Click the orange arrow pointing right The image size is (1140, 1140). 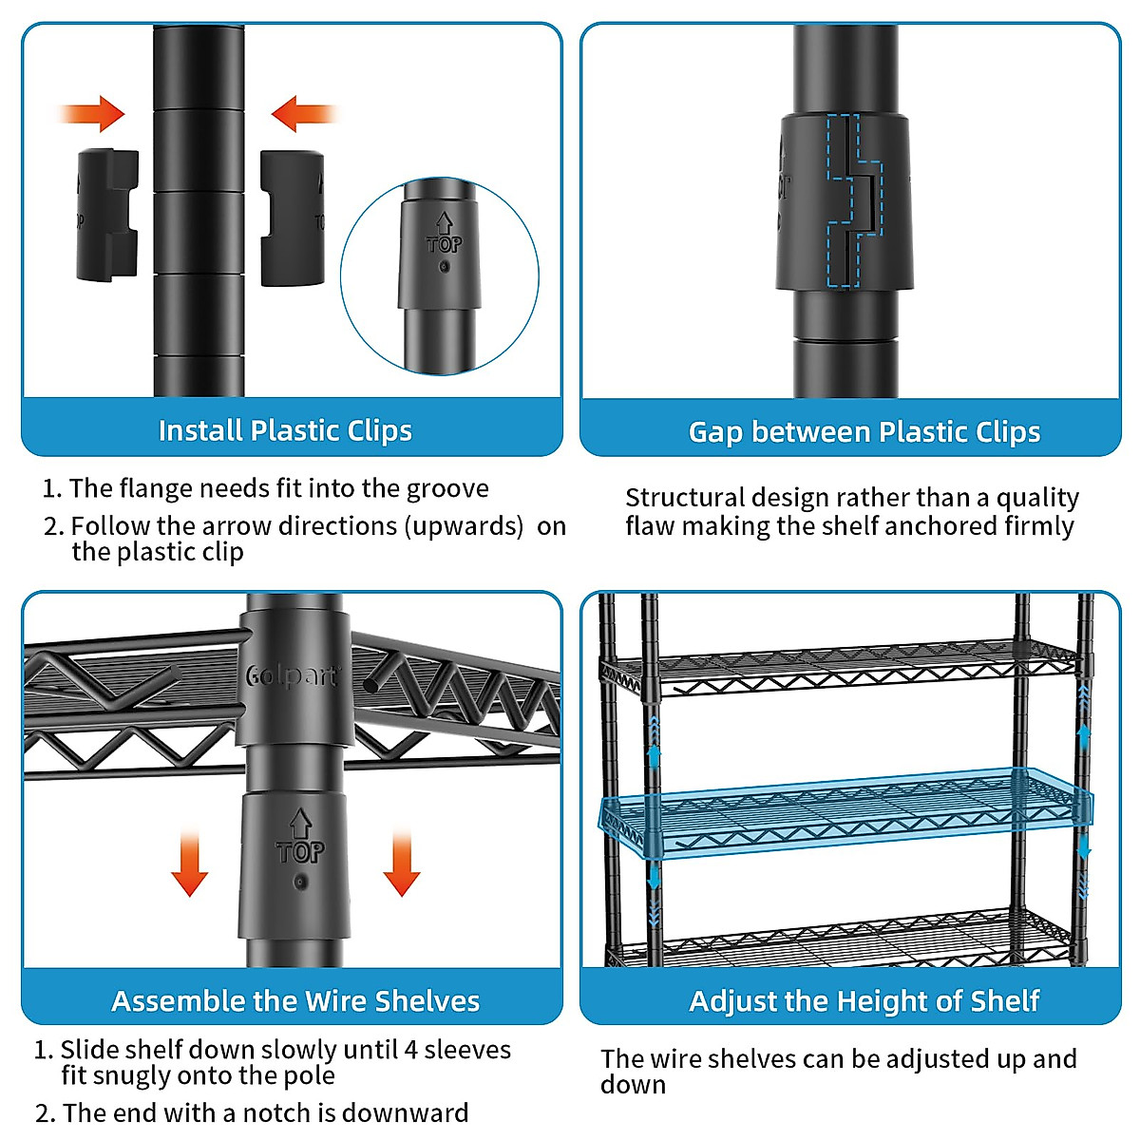(x=95, y=114)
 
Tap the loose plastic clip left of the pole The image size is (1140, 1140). (x=107, y=216)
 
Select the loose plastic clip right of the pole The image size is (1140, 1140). (x=292, y=218)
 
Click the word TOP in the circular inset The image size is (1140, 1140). (x=444, y=244)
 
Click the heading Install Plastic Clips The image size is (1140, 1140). (x=285, y=430)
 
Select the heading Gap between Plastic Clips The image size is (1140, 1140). (x=864, y=432)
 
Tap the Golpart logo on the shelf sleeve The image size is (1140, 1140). (x=292, y=675)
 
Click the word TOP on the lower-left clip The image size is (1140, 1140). (x=299, y=851)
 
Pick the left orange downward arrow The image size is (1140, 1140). (x=190, y=864)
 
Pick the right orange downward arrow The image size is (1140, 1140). (x=402, y=864)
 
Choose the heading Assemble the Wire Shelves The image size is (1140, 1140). (x=295, y=1001)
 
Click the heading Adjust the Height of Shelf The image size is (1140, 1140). (x=864, y=1001)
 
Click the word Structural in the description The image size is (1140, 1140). (x=685, y=498)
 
